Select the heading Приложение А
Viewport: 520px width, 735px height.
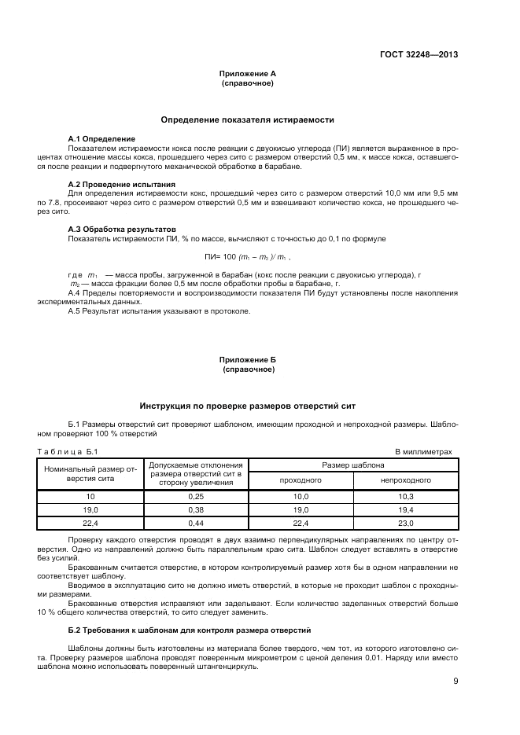click(247, 73)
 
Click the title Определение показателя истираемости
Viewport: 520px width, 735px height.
click(247, 119)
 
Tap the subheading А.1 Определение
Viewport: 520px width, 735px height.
click(101, 138)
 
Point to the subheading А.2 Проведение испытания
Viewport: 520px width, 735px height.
click(121, 184)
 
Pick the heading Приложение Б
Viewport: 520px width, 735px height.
click(247, 358)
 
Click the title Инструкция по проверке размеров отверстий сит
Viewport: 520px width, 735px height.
click(247, 406)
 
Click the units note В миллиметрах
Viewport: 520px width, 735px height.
click(423, 452)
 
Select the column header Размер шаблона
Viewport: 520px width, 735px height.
click(352, 465)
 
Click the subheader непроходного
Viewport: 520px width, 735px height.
click(405, 480)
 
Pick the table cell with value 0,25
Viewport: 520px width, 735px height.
click(196, 497)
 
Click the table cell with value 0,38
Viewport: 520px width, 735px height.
click(196, 509)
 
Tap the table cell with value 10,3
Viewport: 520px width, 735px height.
click(405, 497)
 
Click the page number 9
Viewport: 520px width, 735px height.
click(455, 681)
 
